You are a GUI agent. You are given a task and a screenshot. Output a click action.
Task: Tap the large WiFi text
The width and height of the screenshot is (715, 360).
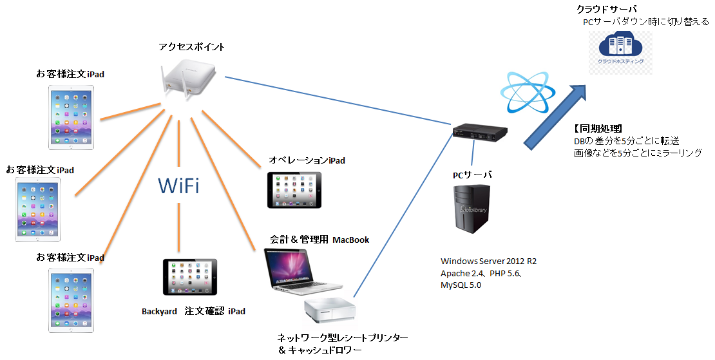coord(178,186)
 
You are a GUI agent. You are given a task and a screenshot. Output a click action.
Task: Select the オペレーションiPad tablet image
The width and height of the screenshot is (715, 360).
coord(294,189)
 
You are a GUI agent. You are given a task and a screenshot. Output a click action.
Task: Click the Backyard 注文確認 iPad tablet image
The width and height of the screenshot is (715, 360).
coord(189,277)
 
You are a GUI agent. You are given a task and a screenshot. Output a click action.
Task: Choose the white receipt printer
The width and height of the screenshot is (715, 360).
coord(329,309)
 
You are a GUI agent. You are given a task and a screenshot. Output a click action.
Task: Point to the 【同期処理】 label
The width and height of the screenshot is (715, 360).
coord(597,128)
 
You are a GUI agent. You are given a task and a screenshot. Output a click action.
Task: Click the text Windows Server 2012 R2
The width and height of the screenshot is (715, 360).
coord(488,261)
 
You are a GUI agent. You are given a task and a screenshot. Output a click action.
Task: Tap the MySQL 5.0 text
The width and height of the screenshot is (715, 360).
coord(461,285)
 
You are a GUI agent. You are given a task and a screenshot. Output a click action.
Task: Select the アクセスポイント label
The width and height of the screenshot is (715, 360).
coord(191,47)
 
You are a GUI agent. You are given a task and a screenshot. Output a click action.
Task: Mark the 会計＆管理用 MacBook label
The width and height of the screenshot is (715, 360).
coord(319,240)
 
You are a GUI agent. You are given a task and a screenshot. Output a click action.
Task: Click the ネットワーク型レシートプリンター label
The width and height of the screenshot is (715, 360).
coord(343,337)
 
